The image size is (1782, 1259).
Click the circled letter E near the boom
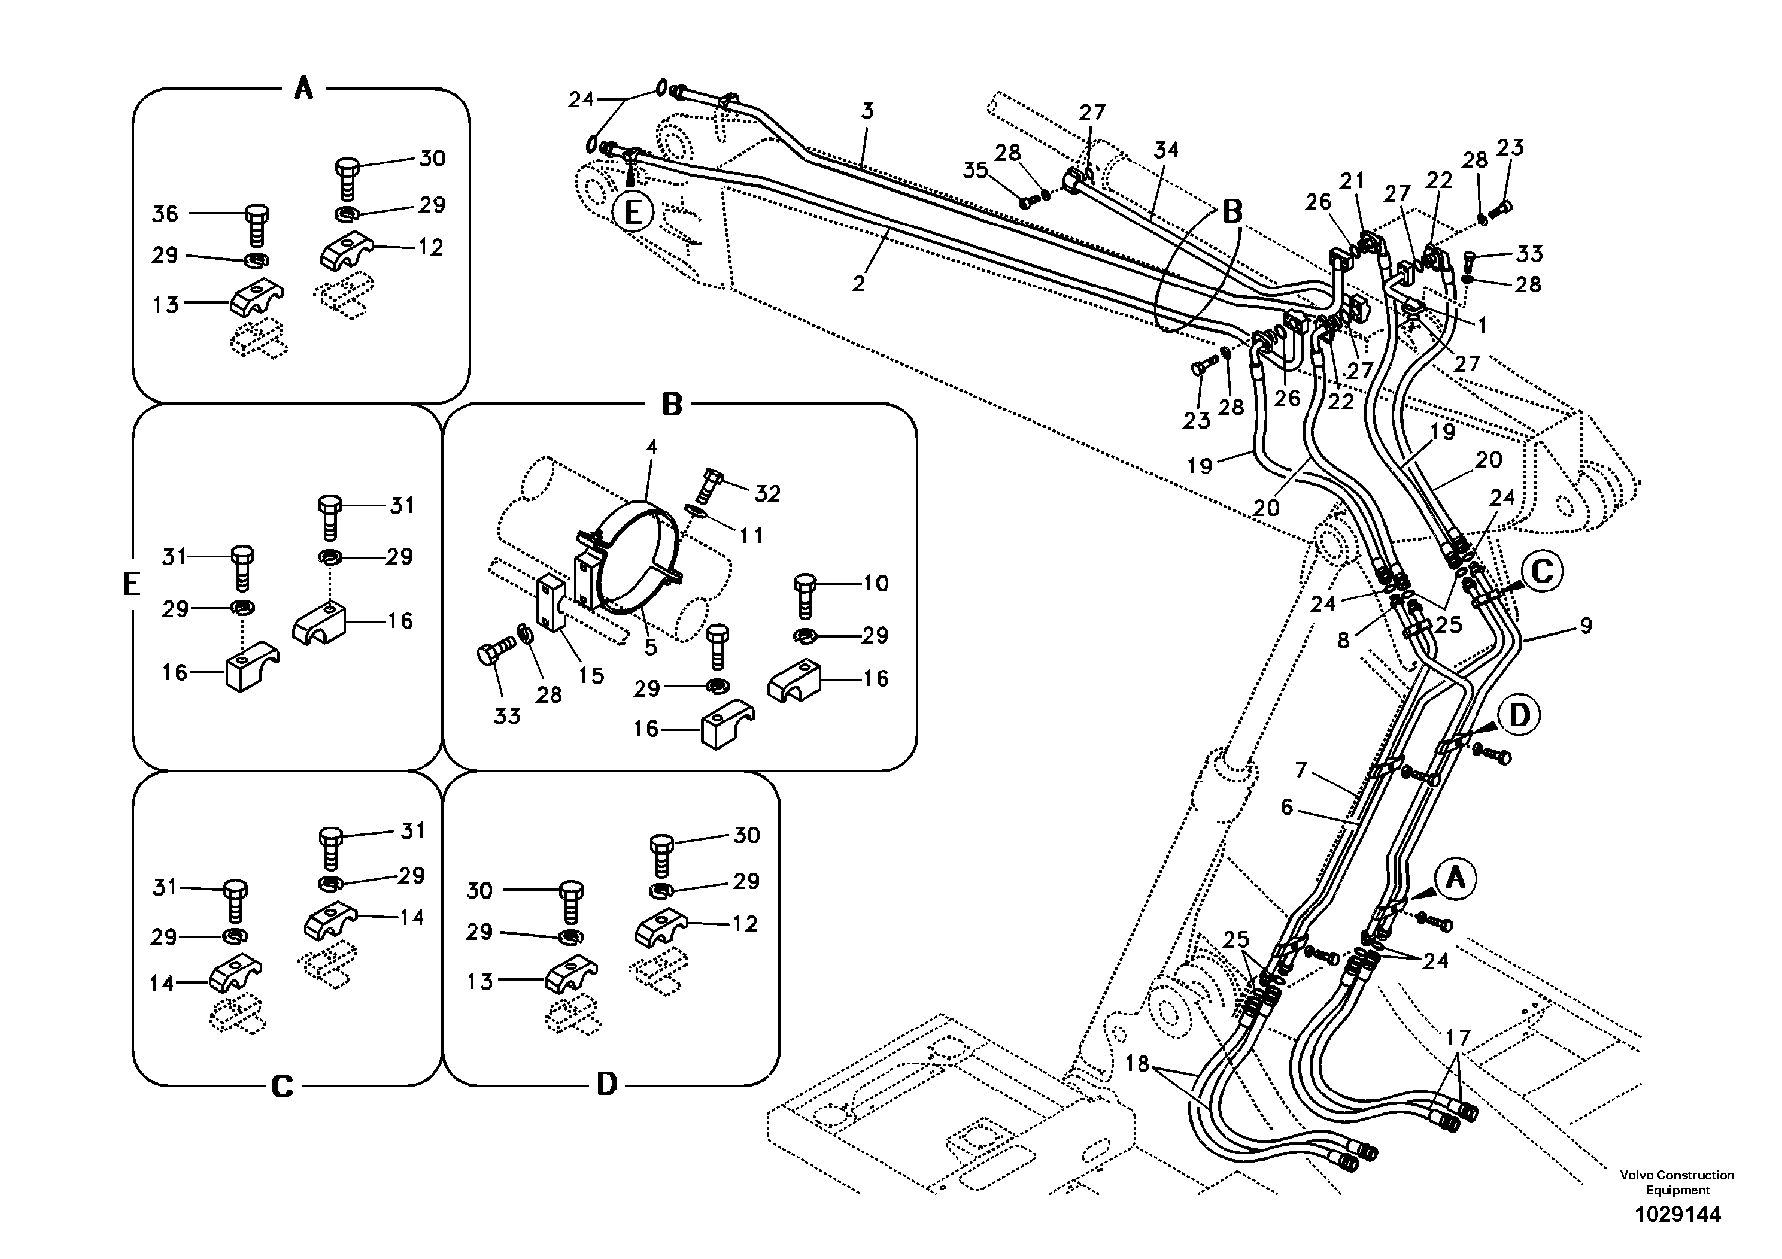(633, 211)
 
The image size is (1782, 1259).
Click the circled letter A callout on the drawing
(1455, 878)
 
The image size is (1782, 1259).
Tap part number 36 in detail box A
(165, 214)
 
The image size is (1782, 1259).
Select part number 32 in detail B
(767, 494)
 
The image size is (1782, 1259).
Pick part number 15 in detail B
(591, 675)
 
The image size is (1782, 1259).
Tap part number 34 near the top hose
(1165, 150)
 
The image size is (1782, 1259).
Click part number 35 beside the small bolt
(976, 170)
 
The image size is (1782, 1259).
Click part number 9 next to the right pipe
(1586, 626)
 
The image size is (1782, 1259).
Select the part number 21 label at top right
(1352, 181)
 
